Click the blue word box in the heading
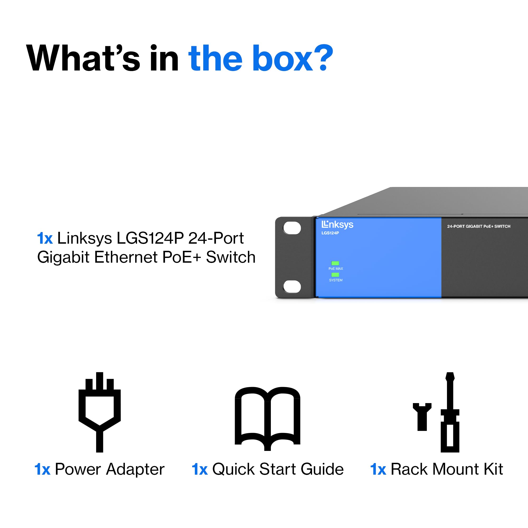tap(283, 58)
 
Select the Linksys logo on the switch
tap(337, 225)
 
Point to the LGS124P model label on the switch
tap(330, 233)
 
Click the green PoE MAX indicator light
tap(335, 263)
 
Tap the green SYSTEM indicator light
tap(335, 275)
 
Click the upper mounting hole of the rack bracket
tap(292, 228)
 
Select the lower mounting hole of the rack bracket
tap(292, 286)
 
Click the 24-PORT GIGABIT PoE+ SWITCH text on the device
tap(479, 226)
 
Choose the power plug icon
tap(100, 412)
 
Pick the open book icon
tap(267, 419)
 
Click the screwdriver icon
tap(450, 412)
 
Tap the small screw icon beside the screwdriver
tap(422, 417)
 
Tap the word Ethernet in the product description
tap(126, 257)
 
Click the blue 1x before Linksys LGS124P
tap(45, 238)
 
